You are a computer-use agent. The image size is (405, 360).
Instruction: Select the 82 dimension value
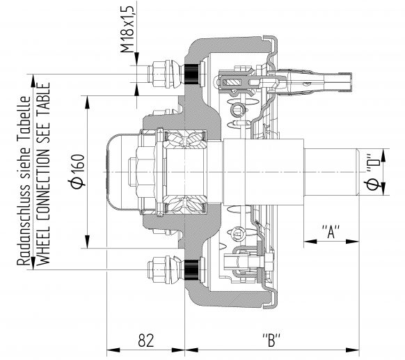[145, 341]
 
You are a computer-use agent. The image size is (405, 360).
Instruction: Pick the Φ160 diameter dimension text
[77, 170]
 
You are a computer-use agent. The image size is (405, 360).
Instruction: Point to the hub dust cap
[121, 170]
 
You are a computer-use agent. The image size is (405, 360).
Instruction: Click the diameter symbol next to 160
[77, 183]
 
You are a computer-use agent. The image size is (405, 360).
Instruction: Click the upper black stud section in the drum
[192, 71]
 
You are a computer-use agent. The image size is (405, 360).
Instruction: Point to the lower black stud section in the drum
[192, 268]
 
